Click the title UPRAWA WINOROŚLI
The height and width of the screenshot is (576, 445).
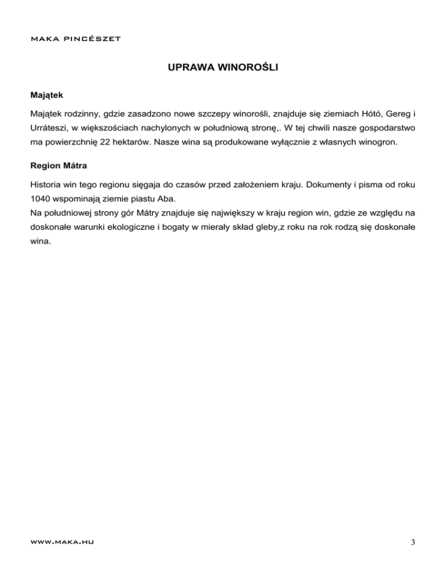click(222, 68)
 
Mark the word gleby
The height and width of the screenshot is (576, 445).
click(264, 228)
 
